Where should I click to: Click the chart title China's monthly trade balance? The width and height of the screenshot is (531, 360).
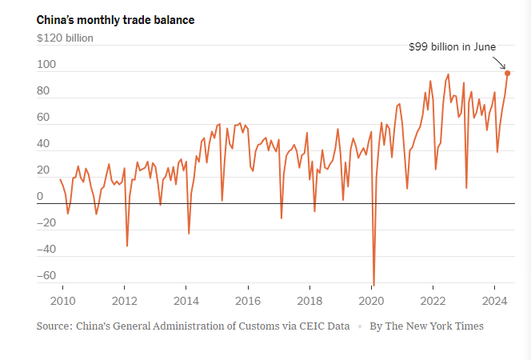[x=115, y=19]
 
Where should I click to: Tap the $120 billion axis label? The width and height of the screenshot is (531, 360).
[x=65, y=37]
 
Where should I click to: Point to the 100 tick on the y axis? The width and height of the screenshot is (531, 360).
[x=46, y=66]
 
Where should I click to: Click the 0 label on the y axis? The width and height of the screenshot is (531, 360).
[x=40, y=197]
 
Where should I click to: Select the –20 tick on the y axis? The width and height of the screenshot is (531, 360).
[x=46, y=223]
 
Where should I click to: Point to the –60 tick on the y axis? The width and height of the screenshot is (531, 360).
[x=46, y=276]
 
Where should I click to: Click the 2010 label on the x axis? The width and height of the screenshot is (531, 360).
[x=62, y=301]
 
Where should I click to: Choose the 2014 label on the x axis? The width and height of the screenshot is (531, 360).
[x=186, y=301]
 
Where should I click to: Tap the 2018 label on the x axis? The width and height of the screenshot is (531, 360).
[x=309, y=301]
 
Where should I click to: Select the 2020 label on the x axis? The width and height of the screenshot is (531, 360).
[x=371, y=301]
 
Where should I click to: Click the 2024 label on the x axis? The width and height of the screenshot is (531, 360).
[x=495, y=301]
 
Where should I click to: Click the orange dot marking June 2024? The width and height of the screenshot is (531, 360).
[x=508, y=73]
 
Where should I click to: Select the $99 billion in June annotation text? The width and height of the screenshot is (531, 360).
[x=453, y=47]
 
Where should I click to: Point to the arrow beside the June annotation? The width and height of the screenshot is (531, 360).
[x=499, y=62]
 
